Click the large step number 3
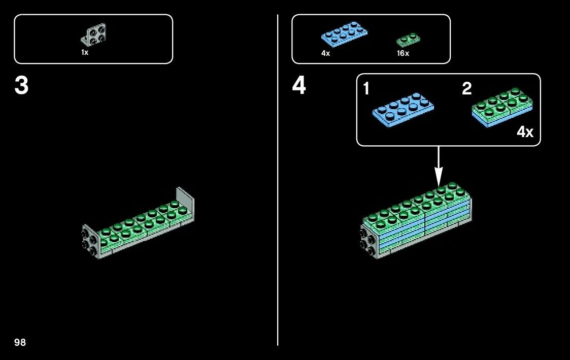click(21, 86)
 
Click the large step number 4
click(299, 86)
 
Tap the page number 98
click(20, 342)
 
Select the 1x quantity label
click(85, 52)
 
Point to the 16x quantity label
click(403, 53)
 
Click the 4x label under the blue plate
click(326, 53)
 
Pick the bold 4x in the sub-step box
click(525, 133)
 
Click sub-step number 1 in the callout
click(366, 89)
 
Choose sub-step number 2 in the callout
click(466, 89)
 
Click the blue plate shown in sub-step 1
click(403, 108)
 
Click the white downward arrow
click(439, 165)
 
